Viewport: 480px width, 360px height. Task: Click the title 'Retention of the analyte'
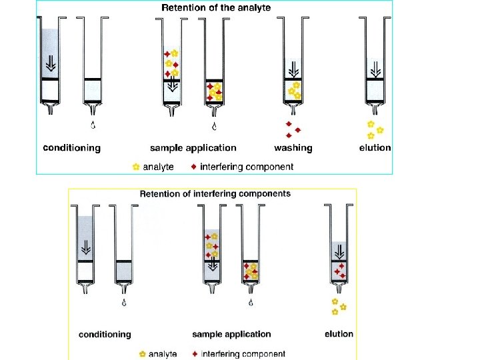click(217, 8)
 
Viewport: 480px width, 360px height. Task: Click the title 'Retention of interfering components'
click(215, 194)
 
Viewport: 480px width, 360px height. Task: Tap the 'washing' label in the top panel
click(293, 148)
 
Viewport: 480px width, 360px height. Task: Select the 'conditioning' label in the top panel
click(71, 148)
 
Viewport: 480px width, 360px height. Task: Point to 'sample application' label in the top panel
click(193, 148)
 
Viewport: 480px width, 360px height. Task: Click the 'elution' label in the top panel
click(375, 148)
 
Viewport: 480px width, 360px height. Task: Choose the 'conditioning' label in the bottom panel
click(105, 334)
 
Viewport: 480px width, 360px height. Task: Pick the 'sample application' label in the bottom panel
click(231, 334)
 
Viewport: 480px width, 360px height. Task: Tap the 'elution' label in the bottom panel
click(339, 334)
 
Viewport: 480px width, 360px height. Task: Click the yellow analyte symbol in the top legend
click(136, 167)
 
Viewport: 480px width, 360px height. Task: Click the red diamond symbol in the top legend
click(193, 167)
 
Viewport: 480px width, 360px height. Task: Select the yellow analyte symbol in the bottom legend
click(142, 353)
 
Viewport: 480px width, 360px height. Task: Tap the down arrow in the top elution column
click(376, 69)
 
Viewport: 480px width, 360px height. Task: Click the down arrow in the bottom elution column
click(339, 251)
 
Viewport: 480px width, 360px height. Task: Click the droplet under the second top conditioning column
click(93, 125)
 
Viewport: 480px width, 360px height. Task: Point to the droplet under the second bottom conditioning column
click(124, 303)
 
